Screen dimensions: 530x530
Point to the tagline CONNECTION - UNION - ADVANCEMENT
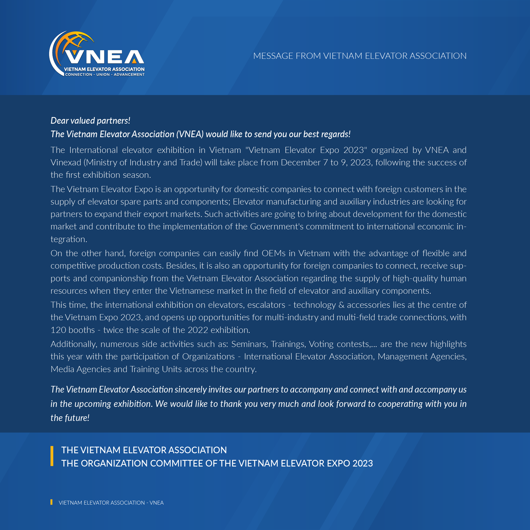[105, 75]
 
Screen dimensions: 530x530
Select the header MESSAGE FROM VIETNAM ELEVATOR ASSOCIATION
[360, 56]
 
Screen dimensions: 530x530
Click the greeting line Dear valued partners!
[90, 121]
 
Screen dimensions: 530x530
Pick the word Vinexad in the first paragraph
[66, 163]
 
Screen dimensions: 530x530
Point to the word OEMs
[273, 253]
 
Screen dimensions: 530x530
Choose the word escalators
[266, 305]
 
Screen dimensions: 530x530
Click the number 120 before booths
[57, 330]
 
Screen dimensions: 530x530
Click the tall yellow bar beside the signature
[52, 456]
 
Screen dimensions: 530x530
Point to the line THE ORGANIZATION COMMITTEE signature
[217, 463]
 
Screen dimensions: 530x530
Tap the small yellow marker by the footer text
[51, 502]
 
